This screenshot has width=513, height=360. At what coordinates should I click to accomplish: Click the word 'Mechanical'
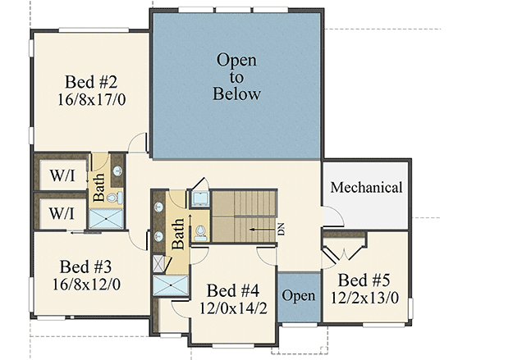(366, 188)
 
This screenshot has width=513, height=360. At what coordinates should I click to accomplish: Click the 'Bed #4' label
(233, 290)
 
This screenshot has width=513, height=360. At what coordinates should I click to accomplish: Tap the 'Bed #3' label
(86, 267)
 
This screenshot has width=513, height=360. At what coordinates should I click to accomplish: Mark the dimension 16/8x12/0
(87, 285)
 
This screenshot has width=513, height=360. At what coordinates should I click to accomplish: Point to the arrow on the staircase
(260, 231)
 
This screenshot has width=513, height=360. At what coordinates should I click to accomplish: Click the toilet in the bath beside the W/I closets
(115, 198)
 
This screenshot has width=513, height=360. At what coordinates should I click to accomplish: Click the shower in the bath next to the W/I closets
(104, 217)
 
